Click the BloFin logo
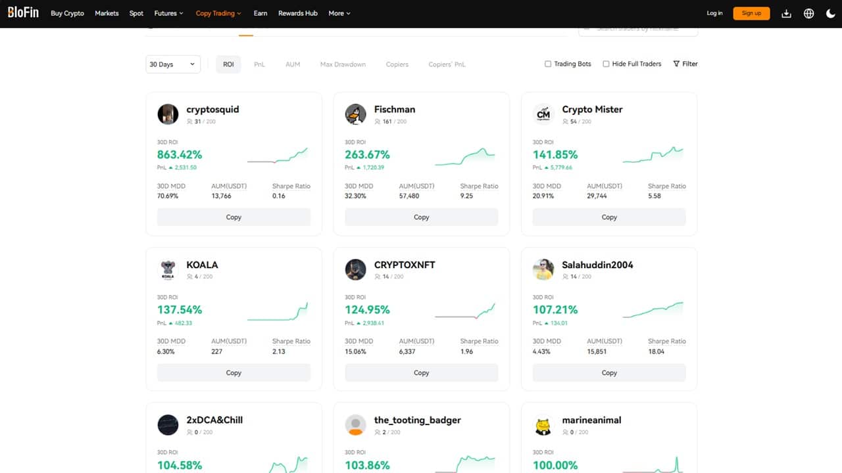(x=23, y=13)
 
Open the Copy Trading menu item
(x=218, y=13)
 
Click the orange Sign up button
(x=751, y=13)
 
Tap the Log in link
(x=714, y=13)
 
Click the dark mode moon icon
(x=830, y=13)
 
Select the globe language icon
(x=808, y=13)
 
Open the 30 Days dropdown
(x=173, y=64)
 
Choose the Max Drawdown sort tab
(x=343, y=64)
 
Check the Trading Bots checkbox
(x=548, y=64)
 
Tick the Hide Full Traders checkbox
(x=606, y=64)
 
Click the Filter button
(x=685, y=64)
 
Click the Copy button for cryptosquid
(x=234, y=217)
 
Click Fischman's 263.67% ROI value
(x=367, y=155)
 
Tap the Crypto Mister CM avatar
(x=543, y=114)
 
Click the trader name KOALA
(x=202, y=265)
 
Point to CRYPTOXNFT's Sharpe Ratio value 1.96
(x=466, y=351)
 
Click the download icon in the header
(x=786, y=13)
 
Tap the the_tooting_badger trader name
(x=417, y=420)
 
